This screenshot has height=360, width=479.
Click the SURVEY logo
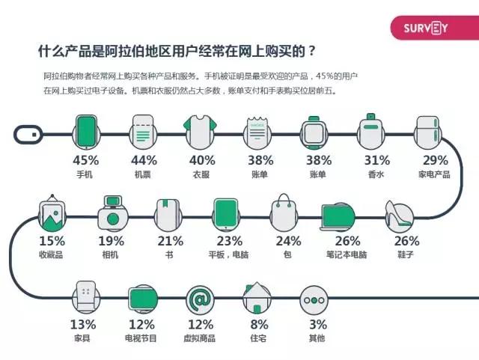pyautogui.click(x=426, y=28)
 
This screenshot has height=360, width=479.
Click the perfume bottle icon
pyautogui.click(x=371, y=132)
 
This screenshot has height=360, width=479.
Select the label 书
pyautogui.click(x=170, y=256)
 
